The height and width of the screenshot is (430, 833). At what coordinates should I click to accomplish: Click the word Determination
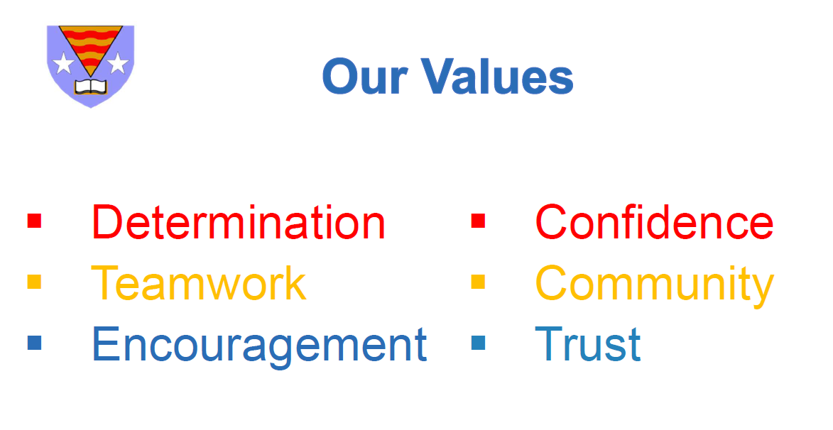(x=239, y=222)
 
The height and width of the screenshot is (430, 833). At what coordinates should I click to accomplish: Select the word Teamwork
(x=199, y=283)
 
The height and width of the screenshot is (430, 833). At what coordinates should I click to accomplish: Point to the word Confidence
(x=655, y=222)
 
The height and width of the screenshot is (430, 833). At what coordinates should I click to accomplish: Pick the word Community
(x=655, y=286)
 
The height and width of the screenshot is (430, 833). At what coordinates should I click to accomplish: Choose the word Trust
(x=588, y=345)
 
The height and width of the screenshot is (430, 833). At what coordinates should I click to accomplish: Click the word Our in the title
(x=365, y=77)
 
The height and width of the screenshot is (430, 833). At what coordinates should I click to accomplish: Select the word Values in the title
(x=498, y=77)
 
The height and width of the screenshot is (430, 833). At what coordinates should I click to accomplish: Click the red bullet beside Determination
(x=35, y=221)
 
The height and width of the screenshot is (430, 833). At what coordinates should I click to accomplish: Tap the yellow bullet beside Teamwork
(x=35, y=282)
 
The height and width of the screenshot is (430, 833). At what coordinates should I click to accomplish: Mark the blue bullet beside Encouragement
(x=35, y=343)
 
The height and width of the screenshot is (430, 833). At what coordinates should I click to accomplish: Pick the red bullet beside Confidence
(x=478, y=221)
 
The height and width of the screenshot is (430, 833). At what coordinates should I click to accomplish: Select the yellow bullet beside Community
(x=478, y=282)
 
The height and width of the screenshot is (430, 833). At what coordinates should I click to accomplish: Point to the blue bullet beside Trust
(x=478, y=343)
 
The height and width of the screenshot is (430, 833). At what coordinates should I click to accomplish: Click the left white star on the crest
(x=63, y=63)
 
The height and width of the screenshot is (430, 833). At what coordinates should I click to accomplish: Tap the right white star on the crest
(x=118, y=63)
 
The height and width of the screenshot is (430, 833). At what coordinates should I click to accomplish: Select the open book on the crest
(x=91, y=87)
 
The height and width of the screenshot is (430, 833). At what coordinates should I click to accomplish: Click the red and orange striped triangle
(x=91, y=45)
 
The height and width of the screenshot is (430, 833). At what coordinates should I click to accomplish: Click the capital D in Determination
(x=108, y=222)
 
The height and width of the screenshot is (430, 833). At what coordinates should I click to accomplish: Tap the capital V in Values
(x=440, y=77)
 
